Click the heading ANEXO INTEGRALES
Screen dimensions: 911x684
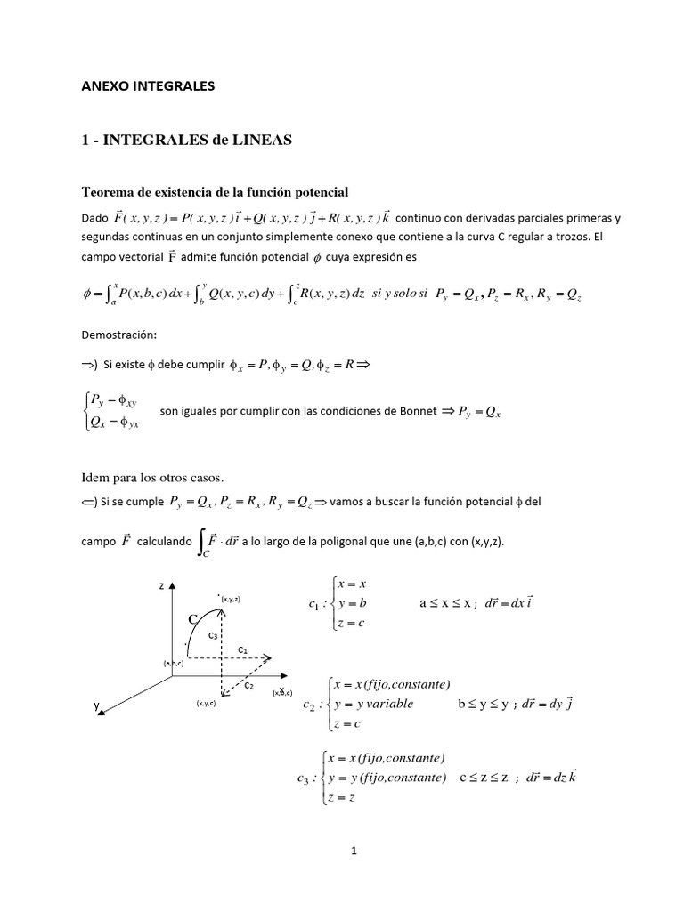148,87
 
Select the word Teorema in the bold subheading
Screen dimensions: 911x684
110,191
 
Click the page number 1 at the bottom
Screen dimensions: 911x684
354,850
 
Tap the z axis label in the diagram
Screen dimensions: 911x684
161,586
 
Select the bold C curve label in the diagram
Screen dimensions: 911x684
191,618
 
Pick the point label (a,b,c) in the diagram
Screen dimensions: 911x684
173,664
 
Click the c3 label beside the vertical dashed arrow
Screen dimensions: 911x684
214,636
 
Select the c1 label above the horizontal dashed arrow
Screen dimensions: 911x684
242,650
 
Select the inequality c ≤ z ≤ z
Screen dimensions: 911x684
487,777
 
